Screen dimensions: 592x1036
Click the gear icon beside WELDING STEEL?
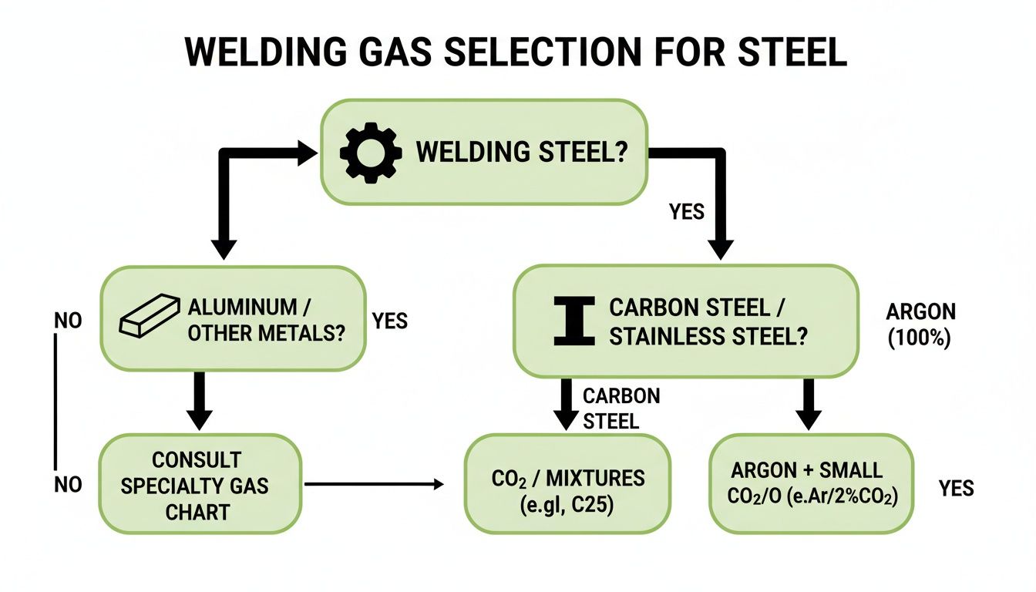pos(370,152)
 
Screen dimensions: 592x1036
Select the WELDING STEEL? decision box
pos(483,153)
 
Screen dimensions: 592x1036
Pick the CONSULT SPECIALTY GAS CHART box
pos(200,484)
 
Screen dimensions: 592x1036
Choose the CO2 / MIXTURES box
pos(567,484)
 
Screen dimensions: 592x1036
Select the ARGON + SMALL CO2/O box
pos(811,484)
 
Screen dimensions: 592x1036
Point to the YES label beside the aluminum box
pos(389,321)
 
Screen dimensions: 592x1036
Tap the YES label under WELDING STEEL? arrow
pos(687,211)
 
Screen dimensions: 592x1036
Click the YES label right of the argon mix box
pos(956,488)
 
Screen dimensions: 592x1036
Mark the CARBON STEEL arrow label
pos(621,408)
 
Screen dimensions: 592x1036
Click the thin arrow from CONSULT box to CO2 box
pos(374,484)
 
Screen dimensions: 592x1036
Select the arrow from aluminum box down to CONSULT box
pos(200,401)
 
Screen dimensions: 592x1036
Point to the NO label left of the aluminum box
pos(68,321)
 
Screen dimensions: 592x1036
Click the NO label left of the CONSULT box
pos(68,484)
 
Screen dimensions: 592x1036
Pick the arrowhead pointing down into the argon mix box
pos(809,419)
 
